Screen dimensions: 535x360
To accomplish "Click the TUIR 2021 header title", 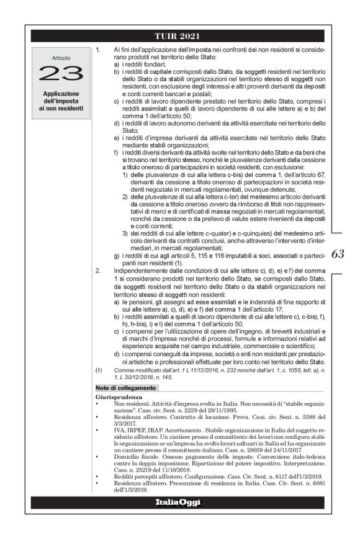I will pyautogui.click(x=179, y=35).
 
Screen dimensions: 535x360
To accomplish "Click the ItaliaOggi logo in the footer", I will pyautogui.click(x=179, y=501).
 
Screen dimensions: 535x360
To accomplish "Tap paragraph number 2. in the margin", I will pyautogui.click(x=99, y=271).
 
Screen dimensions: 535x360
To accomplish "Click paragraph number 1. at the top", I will pyautogui.click(x=99, y=48).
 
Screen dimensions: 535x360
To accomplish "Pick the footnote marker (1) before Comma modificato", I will pyautogui.click(x=99, y=371).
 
